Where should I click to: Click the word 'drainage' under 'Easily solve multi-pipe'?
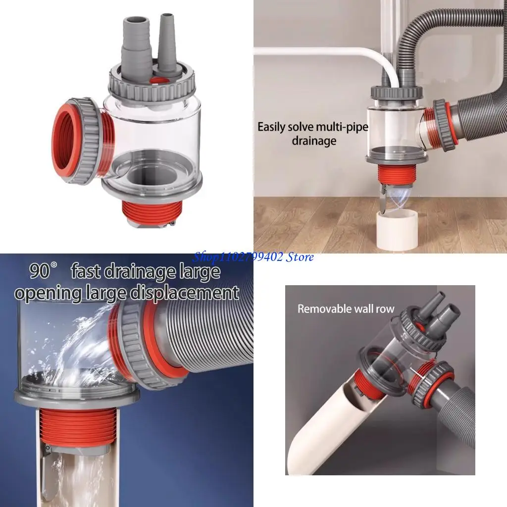(x=313, y=141)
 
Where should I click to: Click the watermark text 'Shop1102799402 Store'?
(x=253, y=256)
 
